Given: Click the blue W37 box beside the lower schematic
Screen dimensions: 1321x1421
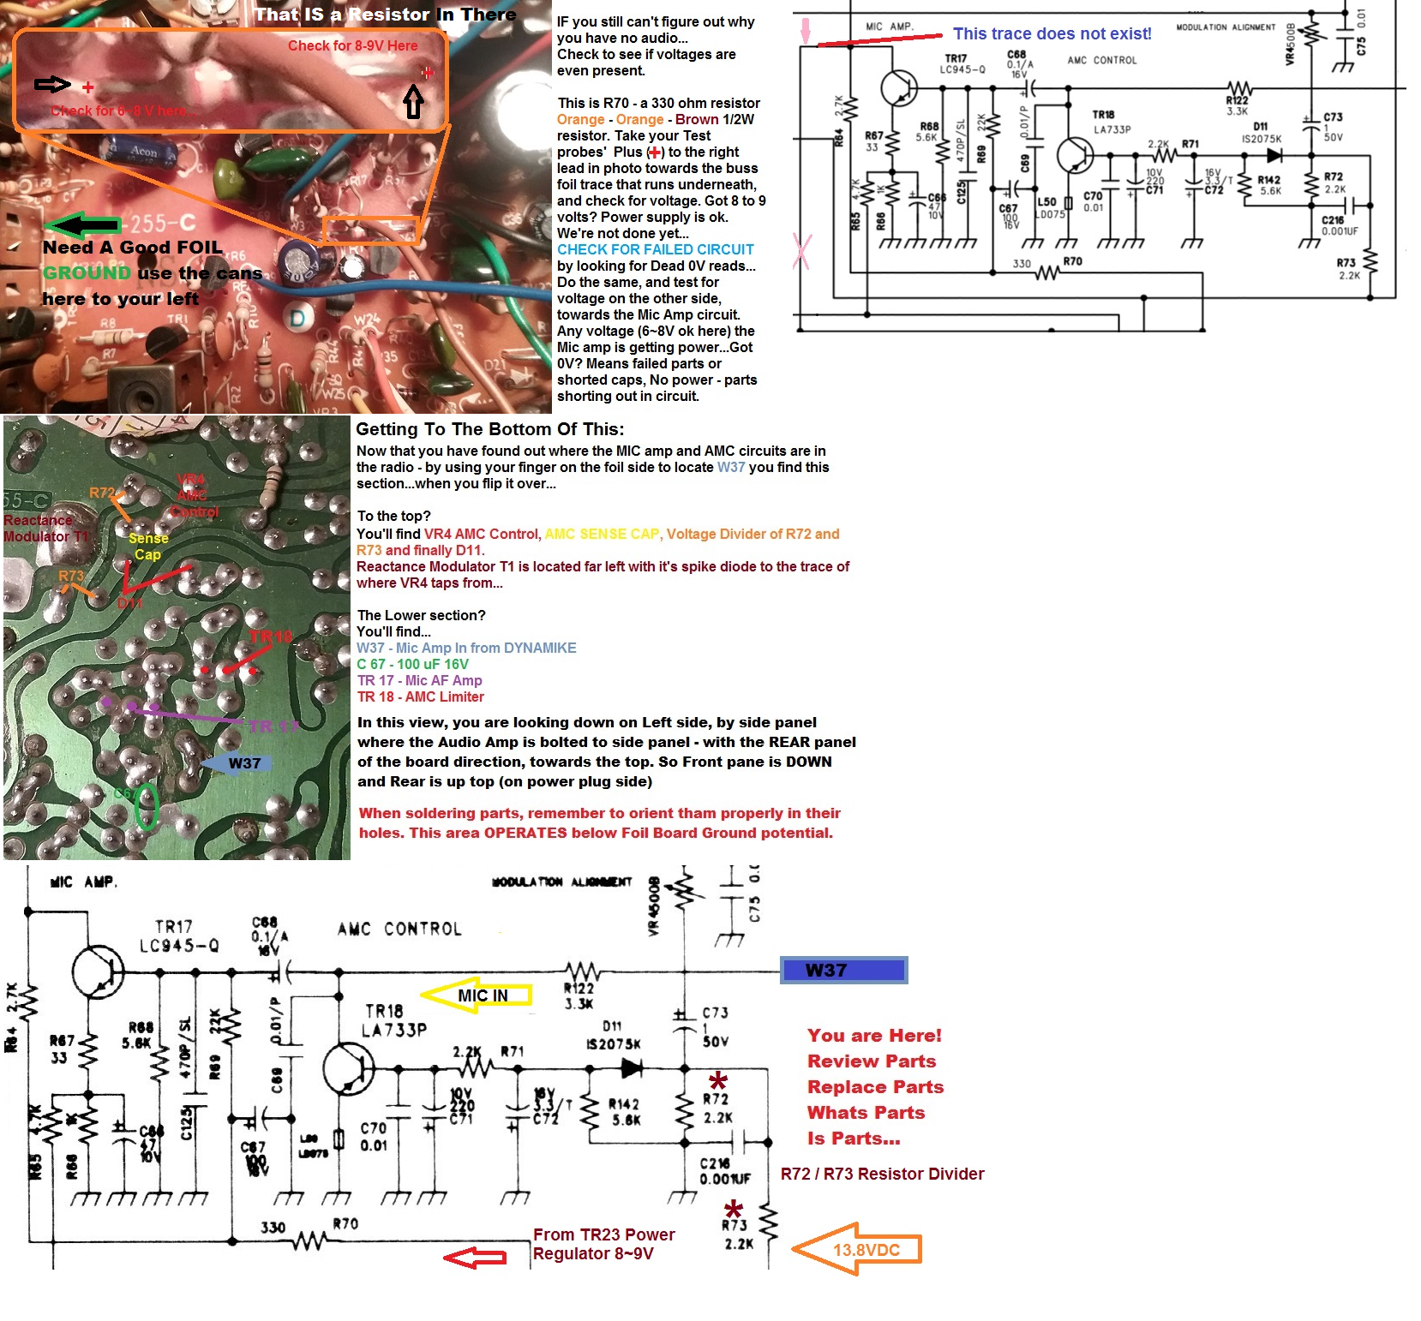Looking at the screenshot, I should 843,970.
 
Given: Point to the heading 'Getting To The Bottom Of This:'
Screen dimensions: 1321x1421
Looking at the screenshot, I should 489,429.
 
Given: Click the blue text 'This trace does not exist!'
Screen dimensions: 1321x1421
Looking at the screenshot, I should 1052,34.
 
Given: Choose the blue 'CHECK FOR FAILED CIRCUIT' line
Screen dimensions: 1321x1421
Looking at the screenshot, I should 655,249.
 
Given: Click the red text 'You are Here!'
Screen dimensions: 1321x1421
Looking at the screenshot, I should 873,1035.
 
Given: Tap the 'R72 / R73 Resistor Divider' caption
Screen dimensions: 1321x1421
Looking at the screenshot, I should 882,1174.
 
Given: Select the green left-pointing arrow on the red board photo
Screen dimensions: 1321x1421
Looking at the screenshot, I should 83,225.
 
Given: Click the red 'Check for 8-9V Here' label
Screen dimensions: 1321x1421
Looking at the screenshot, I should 352,46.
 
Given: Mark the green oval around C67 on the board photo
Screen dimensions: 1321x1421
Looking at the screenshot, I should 147,805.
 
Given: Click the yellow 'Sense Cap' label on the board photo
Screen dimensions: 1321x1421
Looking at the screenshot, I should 148,547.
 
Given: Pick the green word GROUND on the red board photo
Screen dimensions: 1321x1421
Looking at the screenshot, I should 87,273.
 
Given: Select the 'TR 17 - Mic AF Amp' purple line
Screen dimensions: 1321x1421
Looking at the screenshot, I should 420,680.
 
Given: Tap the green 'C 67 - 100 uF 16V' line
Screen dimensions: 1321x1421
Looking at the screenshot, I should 412,664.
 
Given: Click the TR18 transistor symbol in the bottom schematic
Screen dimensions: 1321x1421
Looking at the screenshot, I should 349,1068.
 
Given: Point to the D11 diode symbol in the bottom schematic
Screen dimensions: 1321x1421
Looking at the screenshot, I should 632,1067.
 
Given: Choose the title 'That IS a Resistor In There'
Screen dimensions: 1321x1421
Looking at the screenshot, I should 385,15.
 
